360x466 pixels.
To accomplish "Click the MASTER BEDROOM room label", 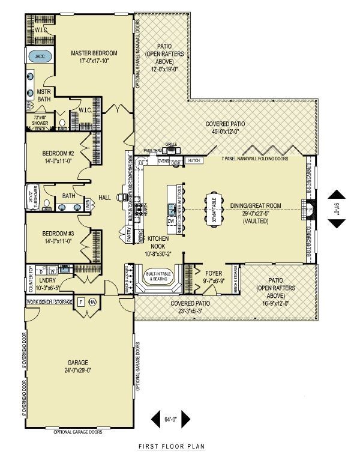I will tap(94, 53).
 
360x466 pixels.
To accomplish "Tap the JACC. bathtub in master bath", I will tap(40, 57).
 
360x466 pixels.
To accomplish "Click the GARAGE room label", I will tap(78, 363).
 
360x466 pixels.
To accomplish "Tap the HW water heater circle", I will tap(92, 302).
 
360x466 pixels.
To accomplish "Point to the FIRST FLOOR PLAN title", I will tap(172, 447).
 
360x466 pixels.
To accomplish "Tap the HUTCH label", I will tap(193, 161).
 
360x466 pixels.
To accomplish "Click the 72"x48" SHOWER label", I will tap(40, 120).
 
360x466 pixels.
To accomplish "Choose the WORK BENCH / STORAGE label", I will tap(52, 301).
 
